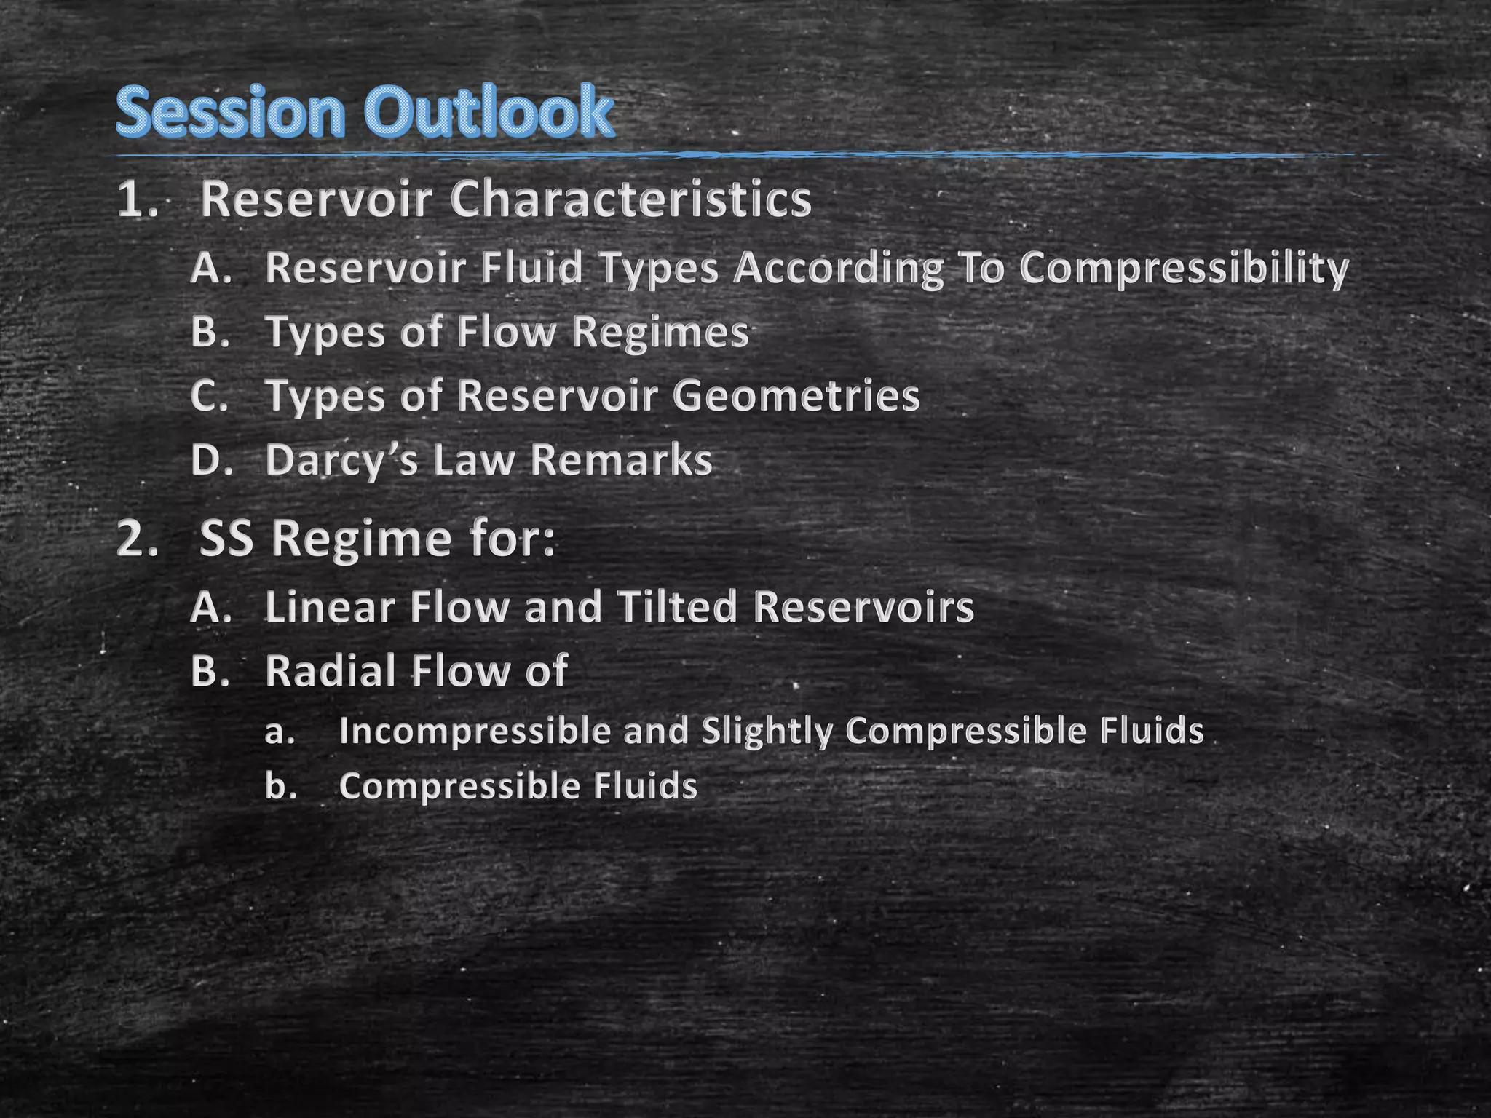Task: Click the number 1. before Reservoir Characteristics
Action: [x=138, y=200]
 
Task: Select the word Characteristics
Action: [x=630, y=199]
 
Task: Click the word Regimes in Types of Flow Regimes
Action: [x=660, y=333]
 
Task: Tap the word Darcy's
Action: [x=341, y=461]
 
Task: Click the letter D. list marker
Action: [x=212, y=461]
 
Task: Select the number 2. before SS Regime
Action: [x=138, y=540]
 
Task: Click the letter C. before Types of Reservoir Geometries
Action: [x=210, y=397]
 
